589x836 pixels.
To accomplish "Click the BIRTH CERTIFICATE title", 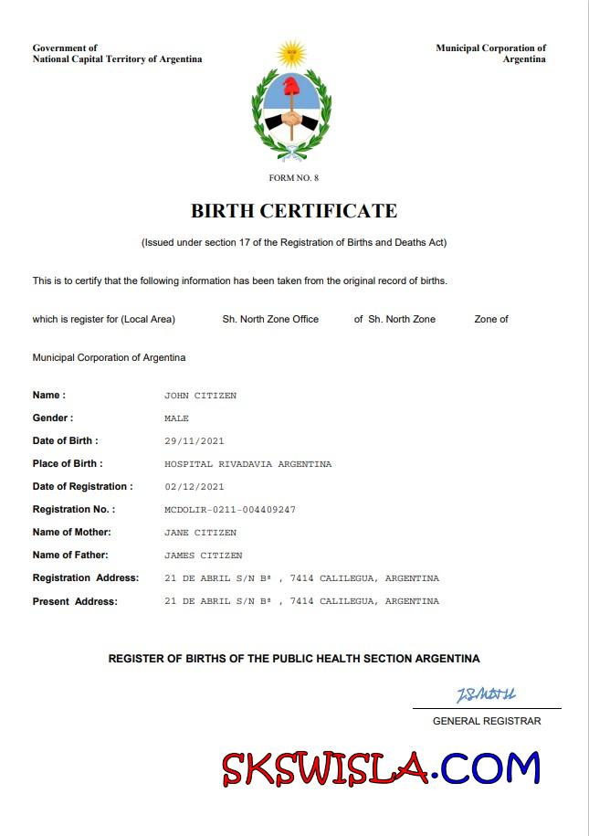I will point(294,211).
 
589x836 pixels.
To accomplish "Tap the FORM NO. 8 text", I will point(294,177).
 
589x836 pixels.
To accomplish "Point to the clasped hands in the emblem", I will point(291,119).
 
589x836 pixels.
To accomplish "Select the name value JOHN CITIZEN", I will point(200,396).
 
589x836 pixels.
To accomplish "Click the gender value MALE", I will point(176,418).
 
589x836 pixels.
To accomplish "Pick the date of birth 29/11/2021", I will point(194,441).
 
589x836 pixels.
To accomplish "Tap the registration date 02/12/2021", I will point(194,487).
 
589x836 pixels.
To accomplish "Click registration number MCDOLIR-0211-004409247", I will point(230,510).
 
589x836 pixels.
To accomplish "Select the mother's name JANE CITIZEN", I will point(200,533).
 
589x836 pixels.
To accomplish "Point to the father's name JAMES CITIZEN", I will point(203,556).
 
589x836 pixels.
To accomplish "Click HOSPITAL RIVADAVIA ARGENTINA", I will point(247,464).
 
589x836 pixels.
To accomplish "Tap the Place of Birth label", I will point(68,464).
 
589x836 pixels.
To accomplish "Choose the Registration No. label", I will point(74,510).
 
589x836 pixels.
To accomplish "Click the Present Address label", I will point(75,601).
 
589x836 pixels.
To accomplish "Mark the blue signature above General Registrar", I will point(486,696).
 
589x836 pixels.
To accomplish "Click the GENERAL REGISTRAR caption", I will point(486,721).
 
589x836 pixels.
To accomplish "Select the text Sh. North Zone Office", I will point(270,319).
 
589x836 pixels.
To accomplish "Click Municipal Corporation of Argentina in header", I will point(491,53).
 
